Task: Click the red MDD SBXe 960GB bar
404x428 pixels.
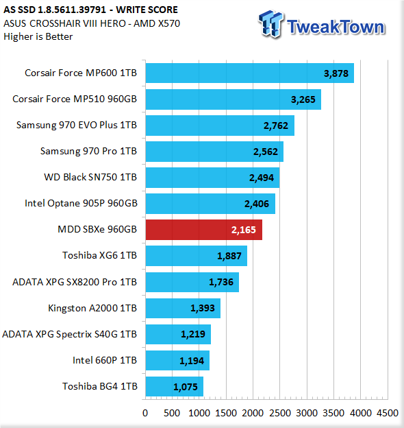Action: click(204, 230)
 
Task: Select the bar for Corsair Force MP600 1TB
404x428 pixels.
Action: click(250, 73)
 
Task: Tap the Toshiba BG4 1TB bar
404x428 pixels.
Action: click(175, 387)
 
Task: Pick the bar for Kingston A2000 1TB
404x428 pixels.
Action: click(183, 308)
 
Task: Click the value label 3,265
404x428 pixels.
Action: click(303, 99)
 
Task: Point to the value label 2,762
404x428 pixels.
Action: click(276, 126)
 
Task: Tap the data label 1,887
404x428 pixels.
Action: click(229, 256)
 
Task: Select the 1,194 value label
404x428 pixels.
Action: click(192, 361)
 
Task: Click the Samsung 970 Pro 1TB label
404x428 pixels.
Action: click(88, 151)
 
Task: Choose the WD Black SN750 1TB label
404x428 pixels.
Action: click(90, 177)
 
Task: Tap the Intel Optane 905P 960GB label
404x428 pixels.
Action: click(81, 203)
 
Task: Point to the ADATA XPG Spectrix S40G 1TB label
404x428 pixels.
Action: click(69, 334)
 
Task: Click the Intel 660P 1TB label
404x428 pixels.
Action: click(105, 360)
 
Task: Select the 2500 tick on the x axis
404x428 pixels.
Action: click(280, 413)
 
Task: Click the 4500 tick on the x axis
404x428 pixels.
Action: click(388, 413)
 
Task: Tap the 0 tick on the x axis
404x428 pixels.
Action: click(145, 413)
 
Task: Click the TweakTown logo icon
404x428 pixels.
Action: click(270, 24)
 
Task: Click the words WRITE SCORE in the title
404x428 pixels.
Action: click(147, 10)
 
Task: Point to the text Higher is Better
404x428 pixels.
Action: click(38, 36)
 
